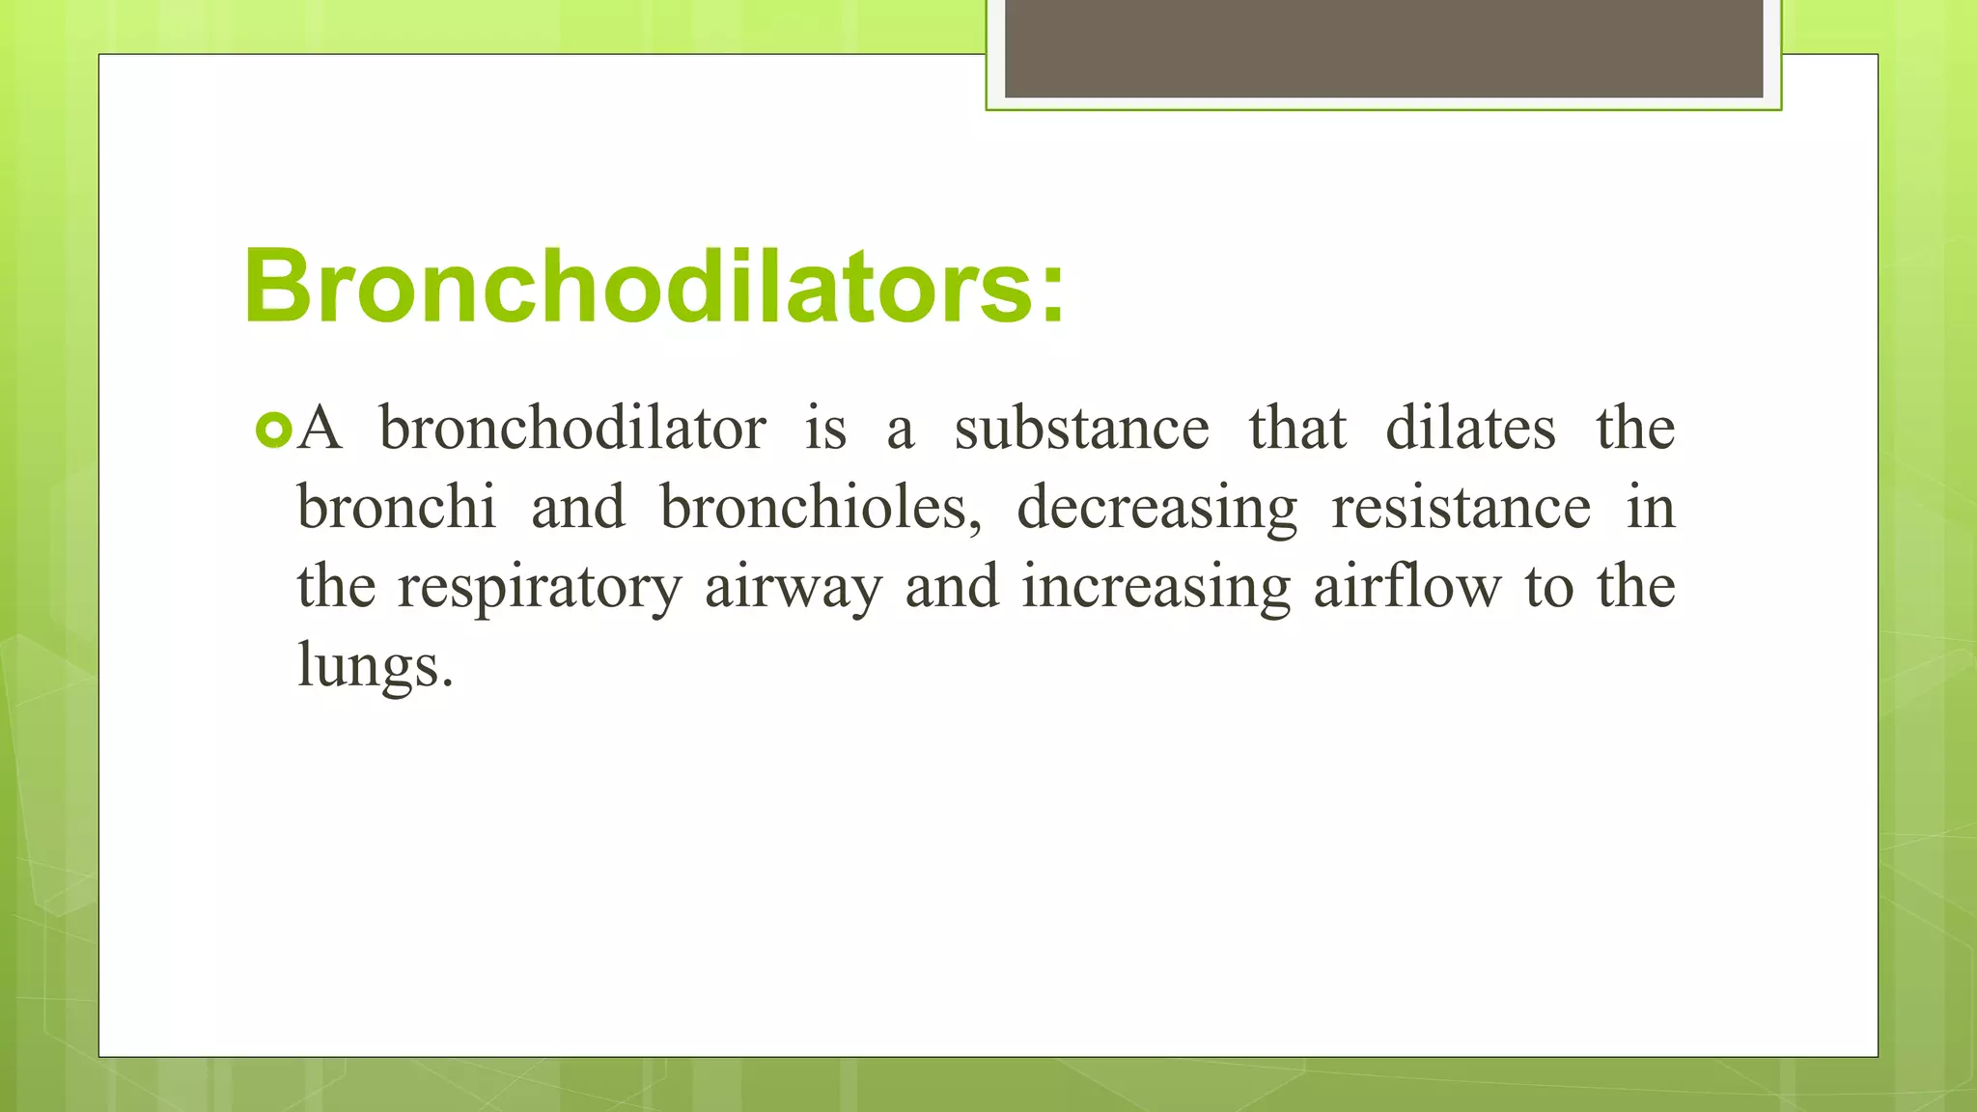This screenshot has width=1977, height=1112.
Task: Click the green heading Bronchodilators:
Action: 654,286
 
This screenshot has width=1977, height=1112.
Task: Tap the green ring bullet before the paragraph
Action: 274,431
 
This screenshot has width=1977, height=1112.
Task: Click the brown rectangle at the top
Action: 1383,48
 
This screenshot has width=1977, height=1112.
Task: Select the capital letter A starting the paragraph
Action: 320,428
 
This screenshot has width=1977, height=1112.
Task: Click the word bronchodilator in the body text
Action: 572,428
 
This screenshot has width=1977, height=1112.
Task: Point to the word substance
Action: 1081,428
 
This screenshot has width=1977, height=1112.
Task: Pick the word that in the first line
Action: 1296,428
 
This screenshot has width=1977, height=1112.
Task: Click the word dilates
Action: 1470,428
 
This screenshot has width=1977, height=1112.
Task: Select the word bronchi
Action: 396,507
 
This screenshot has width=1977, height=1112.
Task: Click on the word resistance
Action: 1461,507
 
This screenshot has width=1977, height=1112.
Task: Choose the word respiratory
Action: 540,587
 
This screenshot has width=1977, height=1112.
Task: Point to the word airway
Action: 794,587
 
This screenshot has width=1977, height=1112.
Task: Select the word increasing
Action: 1156,587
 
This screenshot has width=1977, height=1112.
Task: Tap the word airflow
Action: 1407,585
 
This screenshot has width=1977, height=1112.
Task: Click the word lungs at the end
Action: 375,666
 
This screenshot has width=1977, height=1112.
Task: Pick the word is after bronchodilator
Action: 826,428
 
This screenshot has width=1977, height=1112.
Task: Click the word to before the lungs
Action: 1548,587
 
